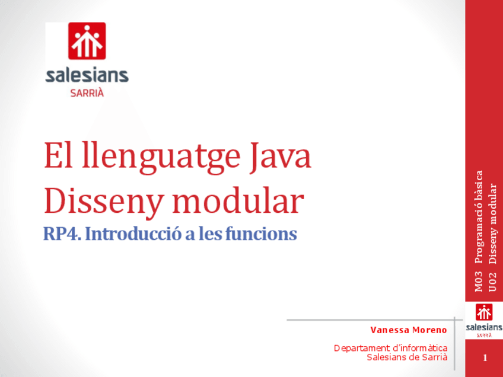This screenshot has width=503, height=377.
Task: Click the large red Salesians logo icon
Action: coord(87,41)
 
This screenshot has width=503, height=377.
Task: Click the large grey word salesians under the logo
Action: coord(87,75)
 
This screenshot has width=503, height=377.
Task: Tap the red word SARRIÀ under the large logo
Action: coord(87,93)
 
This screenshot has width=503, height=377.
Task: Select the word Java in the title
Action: coord(281,156)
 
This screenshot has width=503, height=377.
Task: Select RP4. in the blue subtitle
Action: coord(62,234)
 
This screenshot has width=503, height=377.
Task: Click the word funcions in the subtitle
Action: coord(261,234)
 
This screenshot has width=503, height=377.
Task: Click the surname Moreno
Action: coord(429,330)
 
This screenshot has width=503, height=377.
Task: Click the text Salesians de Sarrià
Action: coord(407,357)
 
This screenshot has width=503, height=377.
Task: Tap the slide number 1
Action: coord(485,358)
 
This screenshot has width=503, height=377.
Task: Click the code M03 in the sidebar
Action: coord(478,282)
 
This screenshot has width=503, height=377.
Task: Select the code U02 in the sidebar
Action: coord(492,282)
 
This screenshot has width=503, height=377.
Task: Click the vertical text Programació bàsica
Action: coord(478,217)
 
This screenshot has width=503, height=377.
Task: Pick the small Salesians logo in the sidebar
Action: coord(484,321)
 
